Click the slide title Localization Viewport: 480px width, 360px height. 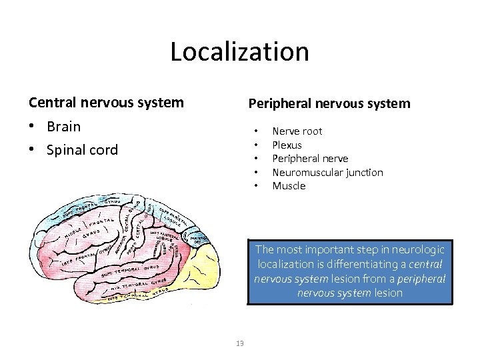pyautogui.click(x=239, y=51)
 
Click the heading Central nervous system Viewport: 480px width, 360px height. pyautogui.click(x=106, y=103)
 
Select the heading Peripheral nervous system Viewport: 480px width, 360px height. pyautogui.click(x=329, y=103)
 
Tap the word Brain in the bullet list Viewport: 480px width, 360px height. pyautogui.click(x=64, y=127)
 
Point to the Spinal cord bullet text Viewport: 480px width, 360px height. pyautogui.click(x=82, y=150)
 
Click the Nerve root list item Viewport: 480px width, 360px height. pyautogui.click(x=297, y=131)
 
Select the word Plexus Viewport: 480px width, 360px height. pyautogui.click(x=287, y=145)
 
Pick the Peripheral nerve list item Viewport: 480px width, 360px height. pyautogui.click(x=310, y=159)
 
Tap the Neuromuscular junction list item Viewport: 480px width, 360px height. pyautogui.click(x=327, y=172)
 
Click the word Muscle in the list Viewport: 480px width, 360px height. pyautogui.click(x=289, y=186)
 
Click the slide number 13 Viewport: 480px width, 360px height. pyautogui.click(x=240, y=343)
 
